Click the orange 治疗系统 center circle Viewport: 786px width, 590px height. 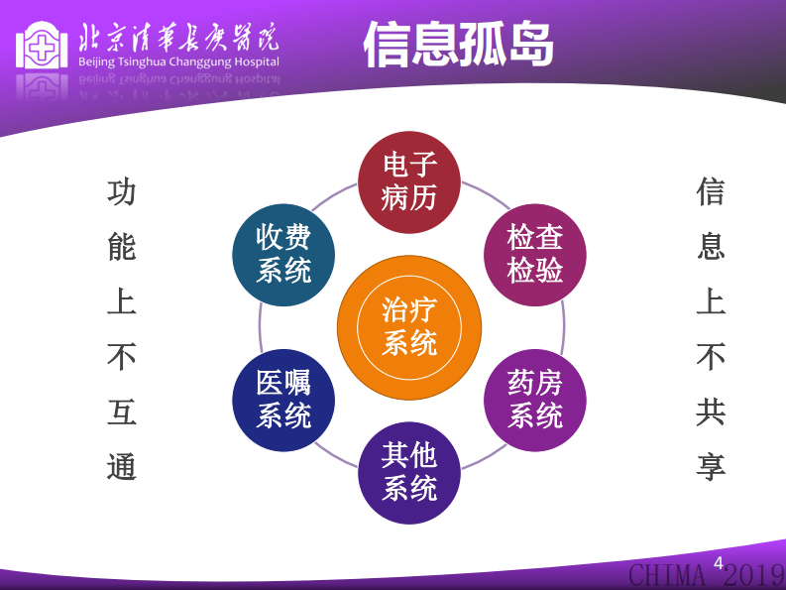pyautogui.click(x=409, y=326)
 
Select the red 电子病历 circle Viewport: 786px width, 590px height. pyautogui.click(x=409, y=181)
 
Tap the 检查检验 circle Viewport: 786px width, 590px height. pyautogui.click(x=535, y=254)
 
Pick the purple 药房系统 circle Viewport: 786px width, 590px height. pyautogui.click(x=535, y=400)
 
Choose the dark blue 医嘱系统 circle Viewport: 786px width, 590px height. pyautogui.click(x=283, y=400)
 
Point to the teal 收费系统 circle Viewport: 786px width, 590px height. pyautogui.click(x=283, y=254)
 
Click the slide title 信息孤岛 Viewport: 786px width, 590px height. pyautogui.click(x=457, y=45)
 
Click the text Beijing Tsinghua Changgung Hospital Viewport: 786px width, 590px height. pyautogui.click(x=177, y=62)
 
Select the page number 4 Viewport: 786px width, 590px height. pyautogui.click(x=718, y=563)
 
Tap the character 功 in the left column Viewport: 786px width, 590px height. pyautogui.click(x=121, y=192)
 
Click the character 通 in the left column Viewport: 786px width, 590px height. pyautogui.click(x=121, y=466)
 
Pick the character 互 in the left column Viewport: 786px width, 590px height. pyautogui.click(x=121, y=412)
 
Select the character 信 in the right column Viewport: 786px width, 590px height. pyautogui.click(x=710, y=192)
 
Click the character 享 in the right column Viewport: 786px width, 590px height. pyautogui.click(x=710, y=466)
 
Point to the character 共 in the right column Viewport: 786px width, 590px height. pyautogui.click(x=710, y=412)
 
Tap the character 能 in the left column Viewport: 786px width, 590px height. pyautogui.click(x=121, y=247)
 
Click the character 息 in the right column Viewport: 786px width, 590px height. pyautogui.click(x=710, y=247)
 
